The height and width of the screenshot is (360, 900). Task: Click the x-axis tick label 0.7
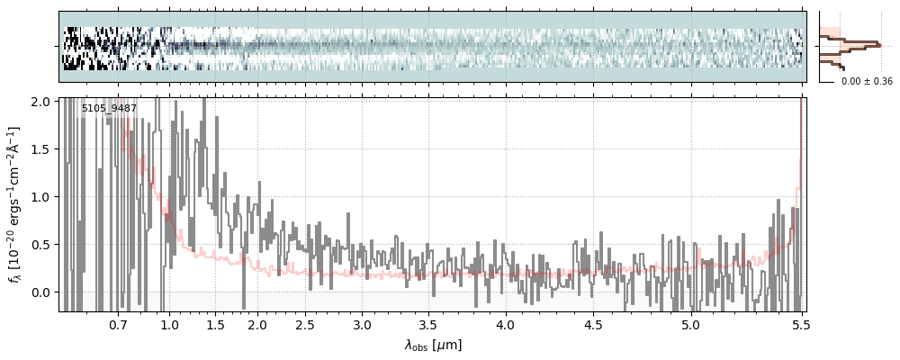[x=118, y=324]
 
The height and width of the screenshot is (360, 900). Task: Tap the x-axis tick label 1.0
[x=169, y=324]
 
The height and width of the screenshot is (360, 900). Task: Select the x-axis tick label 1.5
[x=216, y=324]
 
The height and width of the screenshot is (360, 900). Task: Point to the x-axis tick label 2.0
[x=257, y=324]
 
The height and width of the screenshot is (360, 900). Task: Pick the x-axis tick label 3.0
[x=362, y=324]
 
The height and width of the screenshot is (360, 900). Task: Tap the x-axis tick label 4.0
[x=506, y=324]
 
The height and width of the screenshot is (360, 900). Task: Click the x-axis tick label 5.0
[x=690, y=324]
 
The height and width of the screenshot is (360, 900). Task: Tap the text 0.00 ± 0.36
[x=867, y=82]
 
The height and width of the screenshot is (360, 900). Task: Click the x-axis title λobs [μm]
[x=433, y=345]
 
